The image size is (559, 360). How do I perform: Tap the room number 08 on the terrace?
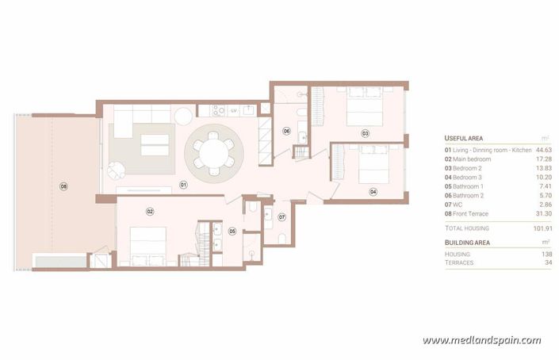pyautogui.click(x=64, y=186)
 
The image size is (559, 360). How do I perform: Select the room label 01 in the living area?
pyautogui.click(x=182, y=185)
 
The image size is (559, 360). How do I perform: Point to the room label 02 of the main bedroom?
pyautogui.click(x=149, y=211)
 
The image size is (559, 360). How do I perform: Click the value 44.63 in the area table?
pyautogui.click(x=542, y=150)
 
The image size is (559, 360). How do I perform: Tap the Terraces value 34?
pyautogui.click(x=546, y=262)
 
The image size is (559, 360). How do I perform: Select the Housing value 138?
pyautogui.click(x=545, y=254)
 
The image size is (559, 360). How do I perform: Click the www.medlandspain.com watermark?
pyautogui.click(x=481, y=340)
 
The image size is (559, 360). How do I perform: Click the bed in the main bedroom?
pyautogui.click(x=148, y=244)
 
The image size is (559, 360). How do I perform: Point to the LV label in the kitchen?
pyautogui.click(x=234, y=111)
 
